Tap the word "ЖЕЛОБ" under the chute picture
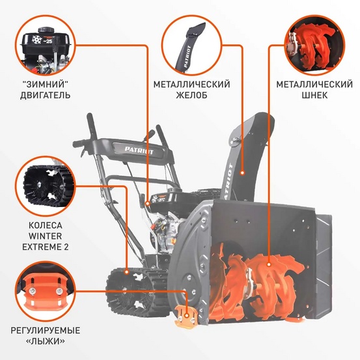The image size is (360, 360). [192, 96]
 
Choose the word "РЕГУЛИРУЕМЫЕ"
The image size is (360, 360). [46, 330]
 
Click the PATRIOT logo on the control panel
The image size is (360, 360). [136, 149]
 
